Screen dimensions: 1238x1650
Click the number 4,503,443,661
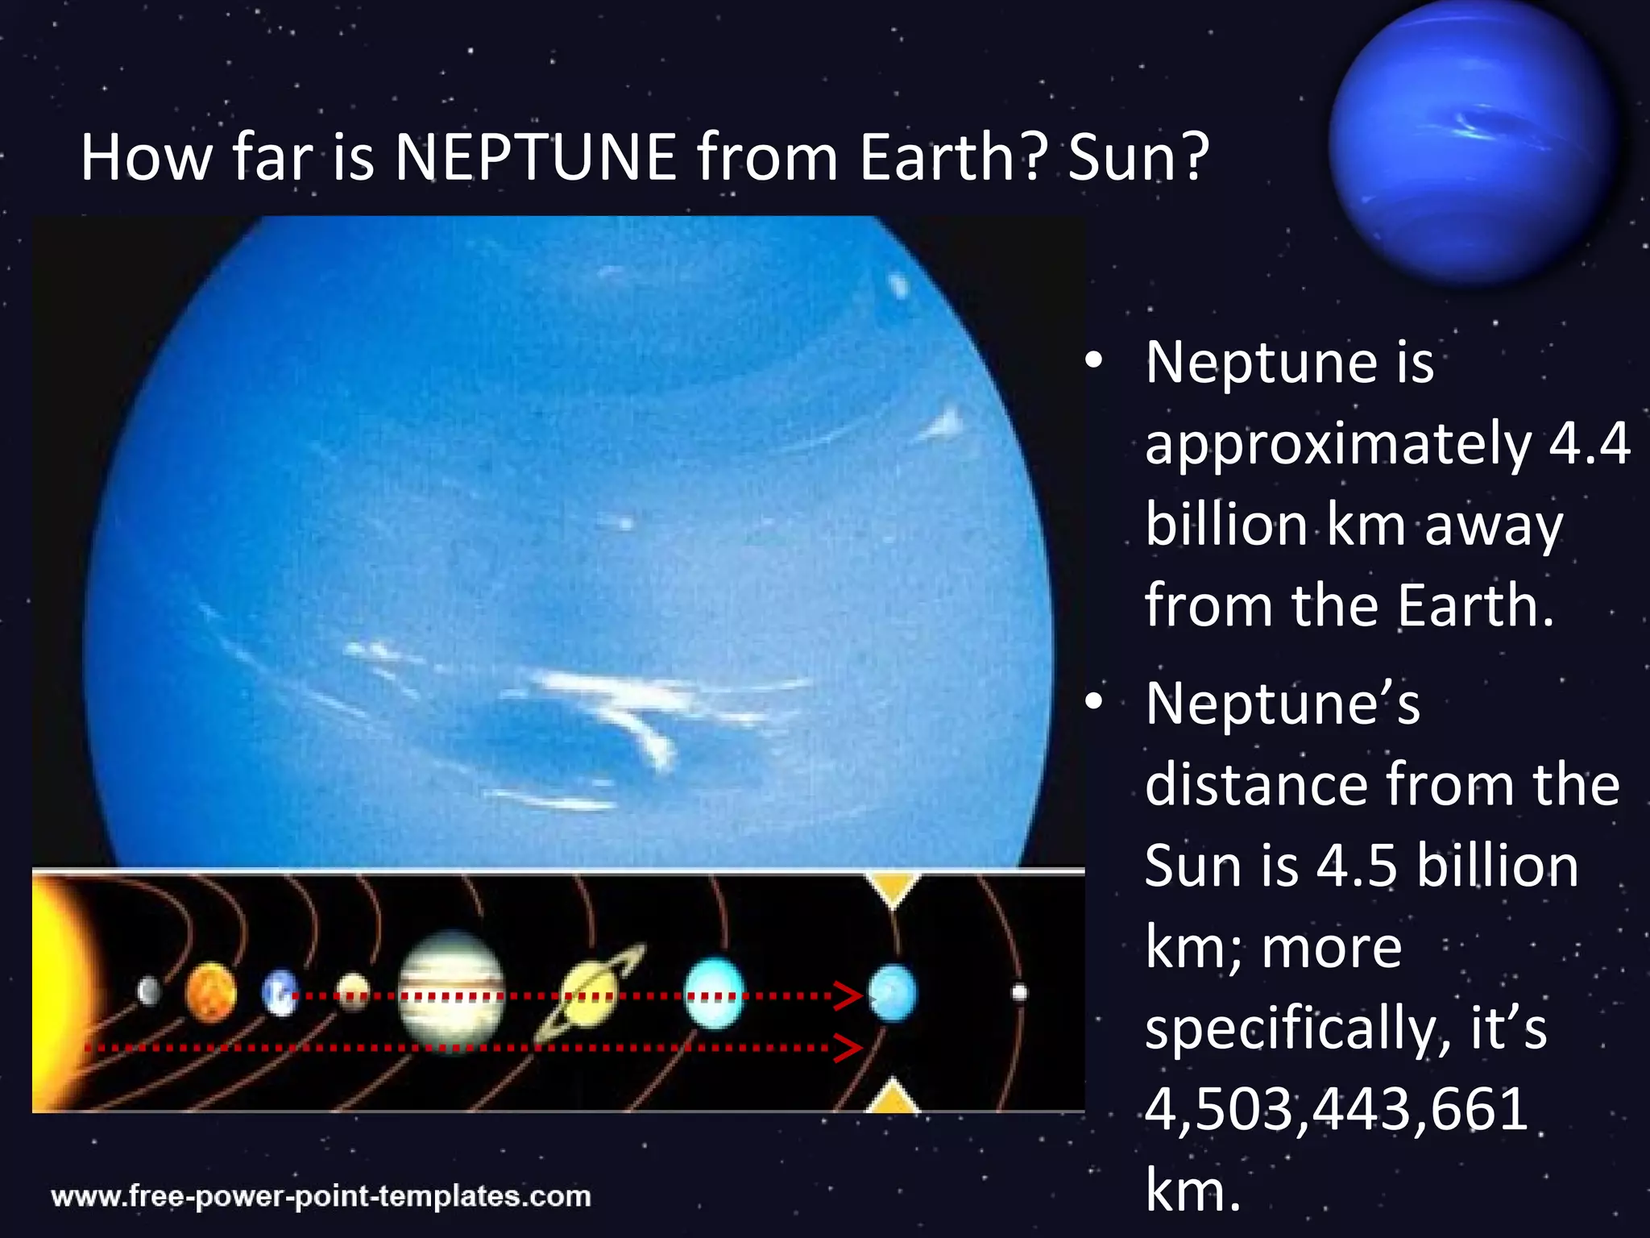click(1337, 1109)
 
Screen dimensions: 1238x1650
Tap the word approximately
click(1337, 445)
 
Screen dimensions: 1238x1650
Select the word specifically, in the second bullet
click(1292, 1030)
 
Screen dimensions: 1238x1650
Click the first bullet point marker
click(1093, 362)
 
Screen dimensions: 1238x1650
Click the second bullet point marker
click(1093, 703)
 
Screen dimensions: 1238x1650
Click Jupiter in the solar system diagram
click(451, 993)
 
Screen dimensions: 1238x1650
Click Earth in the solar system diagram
click(280, 993)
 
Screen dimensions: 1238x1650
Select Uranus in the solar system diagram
click(714, 993)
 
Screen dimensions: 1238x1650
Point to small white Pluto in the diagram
click(1019, 992)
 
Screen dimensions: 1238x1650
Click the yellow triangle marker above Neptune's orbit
click(892, 888)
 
